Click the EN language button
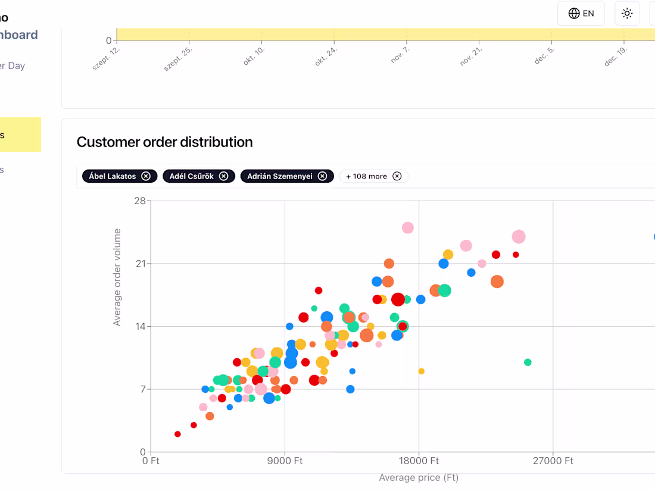(x=581, y=13)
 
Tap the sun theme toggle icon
(x=626, y=13)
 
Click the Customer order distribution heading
(x=164, y=142)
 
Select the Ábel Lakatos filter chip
(x=113, y=176)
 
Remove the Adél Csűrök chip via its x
(x=223, y=176)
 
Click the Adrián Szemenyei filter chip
(x=280, y=176)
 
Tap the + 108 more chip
(x=367, y=176)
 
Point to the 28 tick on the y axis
(x=140, y=201)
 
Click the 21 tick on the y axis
(x=140, y=264)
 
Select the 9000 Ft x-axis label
(x=285, y=461)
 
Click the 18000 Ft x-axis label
(x=419, y=461)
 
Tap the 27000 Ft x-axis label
(x=553, y=461)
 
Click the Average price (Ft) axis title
(x=419, y=477)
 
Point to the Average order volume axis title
(x=117, y=277)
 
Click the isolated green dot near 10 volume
(x=528, y=362)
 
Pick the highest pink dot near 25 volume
(x=408, y=227)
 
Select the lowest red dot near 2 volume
(x=177, y=434)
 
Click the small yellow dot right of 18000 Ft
(x=422, y=371)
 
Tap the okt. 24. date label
(x=327, y=57)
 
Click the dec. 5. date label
(x=544, y=56)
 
